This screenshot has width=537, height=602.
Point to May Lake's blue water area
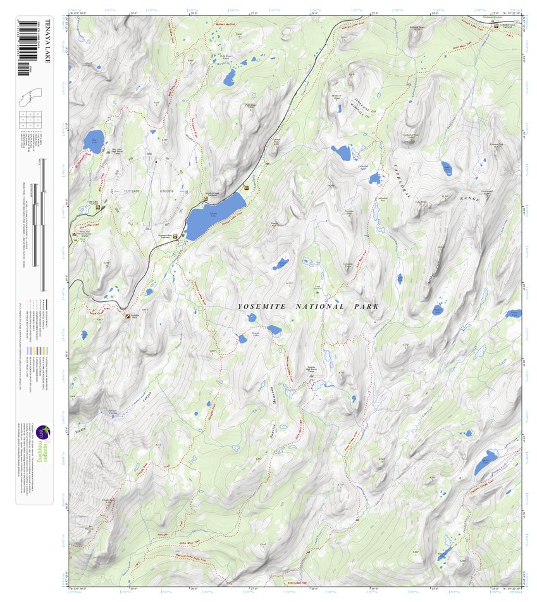coord(92,139)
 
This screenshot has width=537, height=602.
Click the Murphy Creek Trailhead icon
coord(205,200)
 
